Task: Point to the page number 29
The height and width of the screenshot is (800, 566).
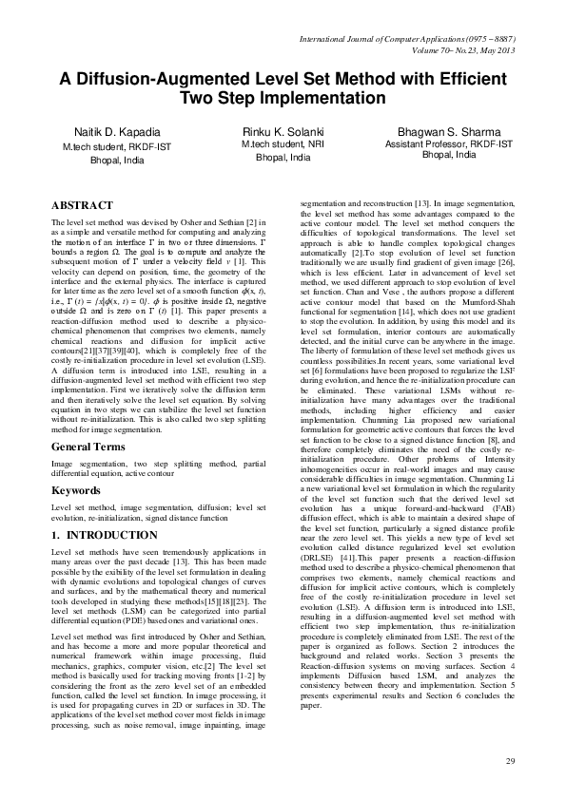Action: [x=510, y=762]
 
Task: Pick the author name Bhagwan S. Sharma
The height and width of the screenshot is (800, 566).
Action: [x=448, y=129]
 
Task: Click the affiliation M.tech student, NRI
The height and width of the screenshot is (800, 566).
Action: [x=283, y=143]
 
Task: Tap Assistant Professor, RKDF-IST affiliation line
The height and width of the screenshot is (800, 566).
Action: [x=448, y=143]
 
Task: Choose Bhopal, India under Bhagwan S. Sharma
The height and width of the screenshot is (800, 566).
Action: [x=448, y=154]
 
